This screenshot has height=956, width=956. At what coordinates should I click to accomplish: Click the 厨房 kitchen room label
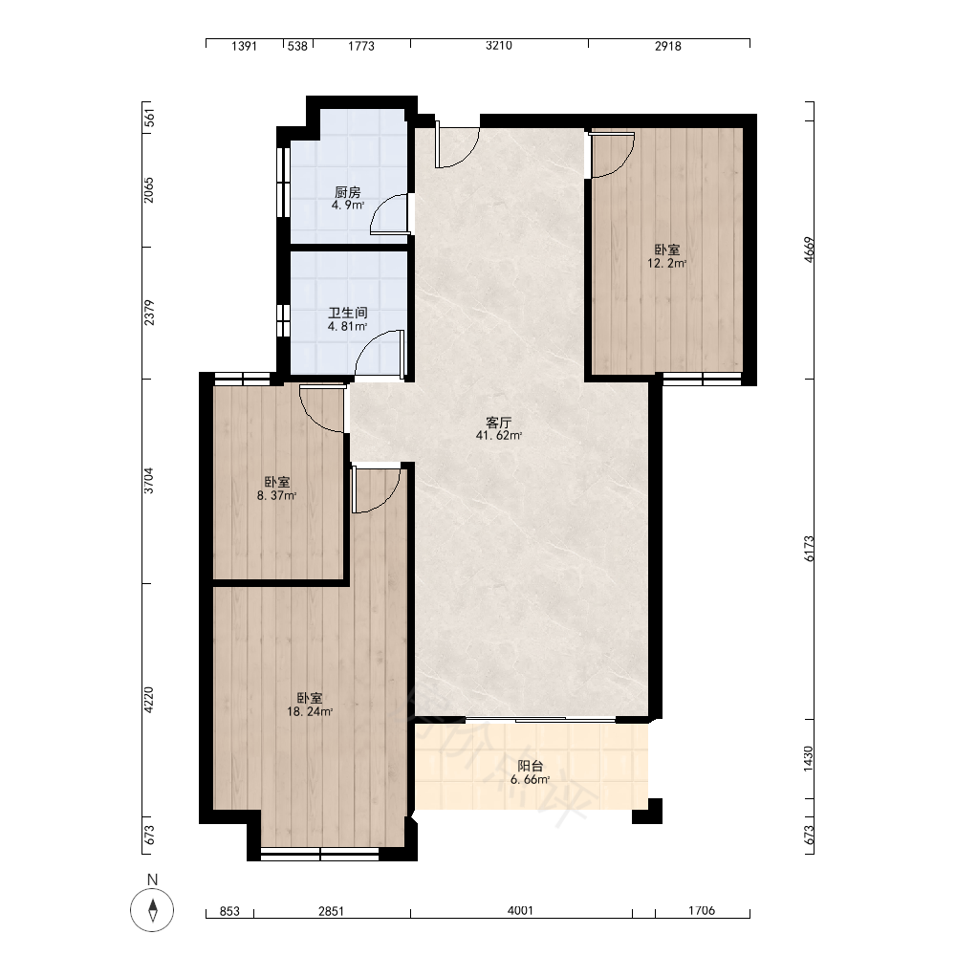point(348,193)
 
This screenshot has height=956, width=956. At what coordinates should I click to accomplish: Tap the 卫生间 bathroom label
point(348,314)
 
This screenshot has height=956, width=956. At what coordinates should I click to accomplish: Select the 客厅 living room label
point(499,423)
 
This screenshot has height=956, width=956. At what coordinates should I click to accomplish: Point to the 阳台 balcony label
point(530,767)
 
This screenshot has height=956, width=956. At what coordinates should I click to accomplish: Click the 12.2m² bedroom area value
point(667,264)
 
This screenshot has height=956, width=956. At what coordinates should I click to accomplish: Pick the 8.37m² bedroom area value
point(277,495)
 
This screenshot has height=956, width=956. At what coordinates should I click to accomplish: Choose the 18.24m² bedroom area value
point(310,711)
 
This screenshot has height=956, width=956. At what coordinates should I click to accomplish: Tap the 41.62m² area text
point(499,435)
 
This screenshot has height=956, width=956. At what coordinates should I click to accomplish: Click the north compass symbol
point(152,910)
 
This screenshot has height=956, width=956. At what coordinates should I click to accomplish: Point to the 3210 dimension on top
point(499,46)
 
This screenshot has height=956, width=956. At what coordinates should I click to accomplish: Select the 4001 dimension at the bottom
point(520,910)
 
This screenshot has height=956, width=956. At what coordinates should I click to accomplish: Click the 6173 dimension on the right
point(809,548)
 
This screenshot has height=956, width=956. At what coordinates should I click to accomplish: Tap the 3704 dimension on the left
point(148,481)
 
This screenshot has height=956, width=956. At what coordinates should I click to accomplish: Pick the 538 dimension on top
point(297,46)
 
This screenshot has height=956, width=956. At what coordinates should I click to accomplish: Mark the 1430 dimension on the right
point(809,758)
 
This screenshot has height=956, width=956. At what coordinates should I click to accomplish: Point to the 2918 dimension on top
point(668,46)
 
